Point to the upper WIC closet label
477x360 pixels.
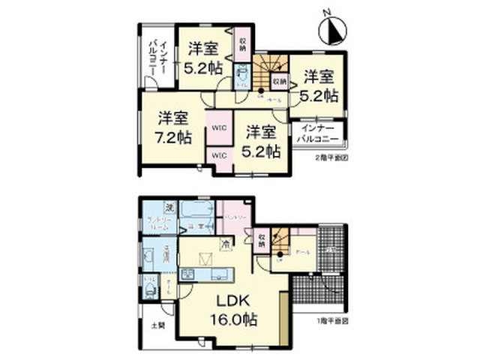(x=218, y=128)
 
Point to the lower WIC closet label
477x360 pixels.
(x=218, y=155)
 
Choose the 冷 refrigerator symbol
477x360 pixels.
(x=225, y=242)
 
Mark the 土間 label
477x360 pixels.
(x=156, y=325)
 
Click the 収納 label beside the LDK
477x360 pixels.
(x=261, y=240)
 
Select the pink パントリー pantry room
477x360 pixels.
(x=233, y=217)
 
